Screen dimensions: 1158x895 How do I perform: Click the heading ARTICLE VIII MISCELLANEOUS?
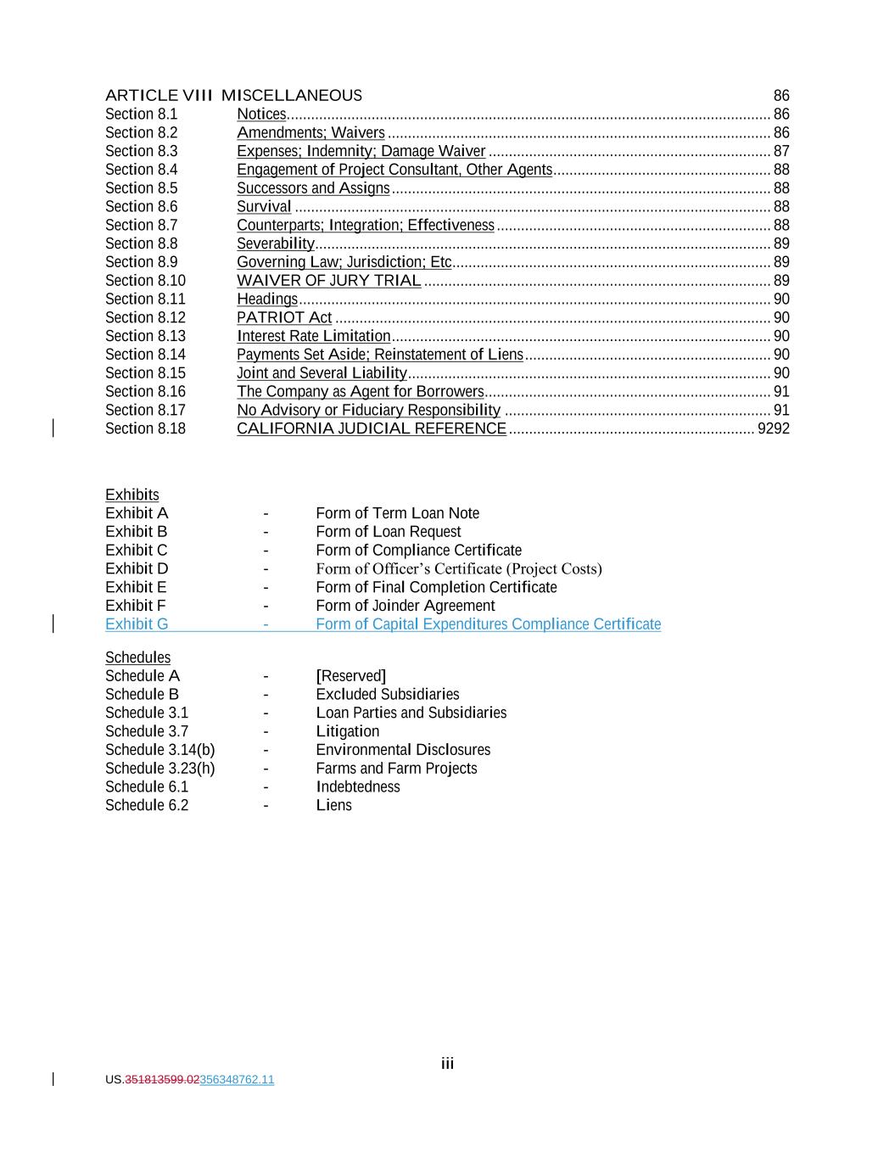[x=233, y=96]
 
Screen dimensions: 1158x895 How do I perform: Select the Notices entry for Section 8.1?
[x=261, y=115]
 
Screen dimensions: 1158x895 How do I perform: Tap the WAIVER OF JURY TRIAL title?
[x=328, y=281]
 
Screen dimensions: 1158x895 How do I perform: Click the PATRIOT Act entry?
[x=284, y=318]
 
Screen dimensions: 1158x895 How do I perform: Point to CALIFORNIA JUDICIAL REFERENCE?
[x=371, y=429]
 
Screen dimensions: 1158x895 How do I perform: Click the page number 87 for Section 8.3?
[x=781, y=152]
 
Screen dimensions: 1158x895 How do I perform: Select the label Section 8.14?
[x=145, y=355]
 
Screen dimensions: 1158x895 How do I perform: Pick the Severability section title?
[x=276, y=244]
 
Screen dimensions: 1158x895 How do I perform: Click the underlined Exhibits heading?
[x=131, y=495]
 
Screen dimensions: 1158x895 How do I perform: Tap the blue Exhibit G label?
[x=137, y=625]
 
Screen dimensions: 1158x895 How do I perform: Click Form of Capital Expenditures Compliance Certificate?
[x=488, y=625]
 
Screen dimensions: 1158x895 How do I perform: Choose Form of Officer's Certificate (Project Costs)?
[x=458, y=569]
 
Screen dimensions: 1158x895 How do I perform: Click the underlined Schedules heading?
[x=137, y=658]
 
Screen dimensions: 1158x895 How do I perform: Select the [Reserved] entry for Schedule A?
[x=350, y=676]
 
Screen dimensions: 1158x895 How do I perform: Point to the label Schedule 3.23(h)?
[x=159, y=769]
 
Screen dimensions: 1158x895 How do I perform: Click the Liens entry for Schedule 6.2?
[x=333, y=806]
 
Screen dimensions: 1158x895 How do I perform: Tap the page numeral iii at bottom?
[x=447, y=1064]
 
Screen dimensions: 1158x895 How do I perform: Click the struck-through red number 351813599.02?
[x=162, y=1080]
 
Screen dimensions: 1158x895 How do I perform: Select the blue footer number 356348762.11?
[x=237, y=1080]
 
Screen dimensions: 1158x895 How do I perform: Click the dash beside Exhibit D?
[x=266, y=569]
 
